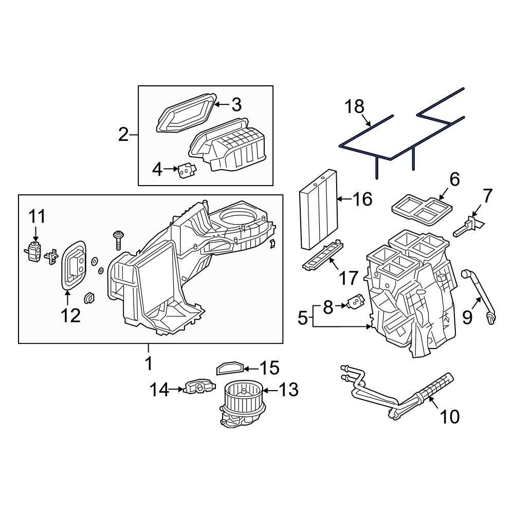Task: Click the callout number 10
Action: [x=450, y=416]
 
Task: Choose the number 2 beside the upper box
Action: [x=123, y=135]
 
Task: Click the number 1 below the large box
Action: [x=149, y=364]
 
